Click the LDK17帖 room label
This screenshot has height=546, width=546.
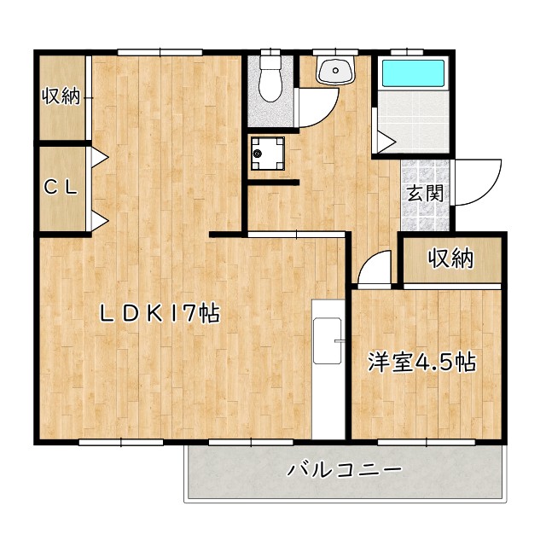160,314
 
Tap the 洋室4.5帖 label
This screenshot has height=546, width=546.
421,362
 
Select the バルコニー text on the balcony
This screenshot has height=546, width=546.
344,470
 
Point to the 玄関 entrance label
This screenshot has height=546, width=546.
424,193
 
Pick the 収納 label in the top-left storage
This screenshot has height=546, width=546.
61,96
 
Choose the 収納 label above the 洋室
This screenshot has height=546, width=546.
450,258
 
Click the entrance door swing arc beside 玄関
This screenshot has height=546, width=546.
471,181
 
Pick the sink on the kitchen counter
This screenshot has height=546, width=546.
327,341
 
